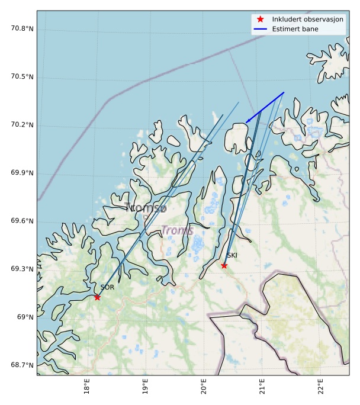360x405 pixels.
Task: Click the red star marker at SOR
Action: coord(97,297)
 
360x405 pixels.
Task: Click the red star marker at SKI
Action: coord(224,265)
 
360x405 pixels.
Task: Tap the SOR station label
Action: coord(107,287)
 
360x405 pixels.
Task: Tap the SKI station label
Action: coord(232,255)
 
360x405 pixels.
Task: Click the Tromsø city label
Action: coord(146,208)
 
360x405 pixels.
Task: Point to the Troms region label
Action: coord(178,230)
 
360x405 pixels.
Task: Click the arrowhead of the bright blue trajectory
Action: coord(247,122)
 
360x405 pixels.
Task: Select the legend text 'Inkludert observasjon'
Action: coord(307,20)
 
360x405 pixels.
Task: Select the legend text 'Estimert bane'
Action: coord(295,29)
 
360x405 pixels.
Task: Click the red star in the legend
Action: coord(260,20)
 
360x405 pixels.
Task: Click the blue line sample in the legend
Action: coord(260,29)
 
